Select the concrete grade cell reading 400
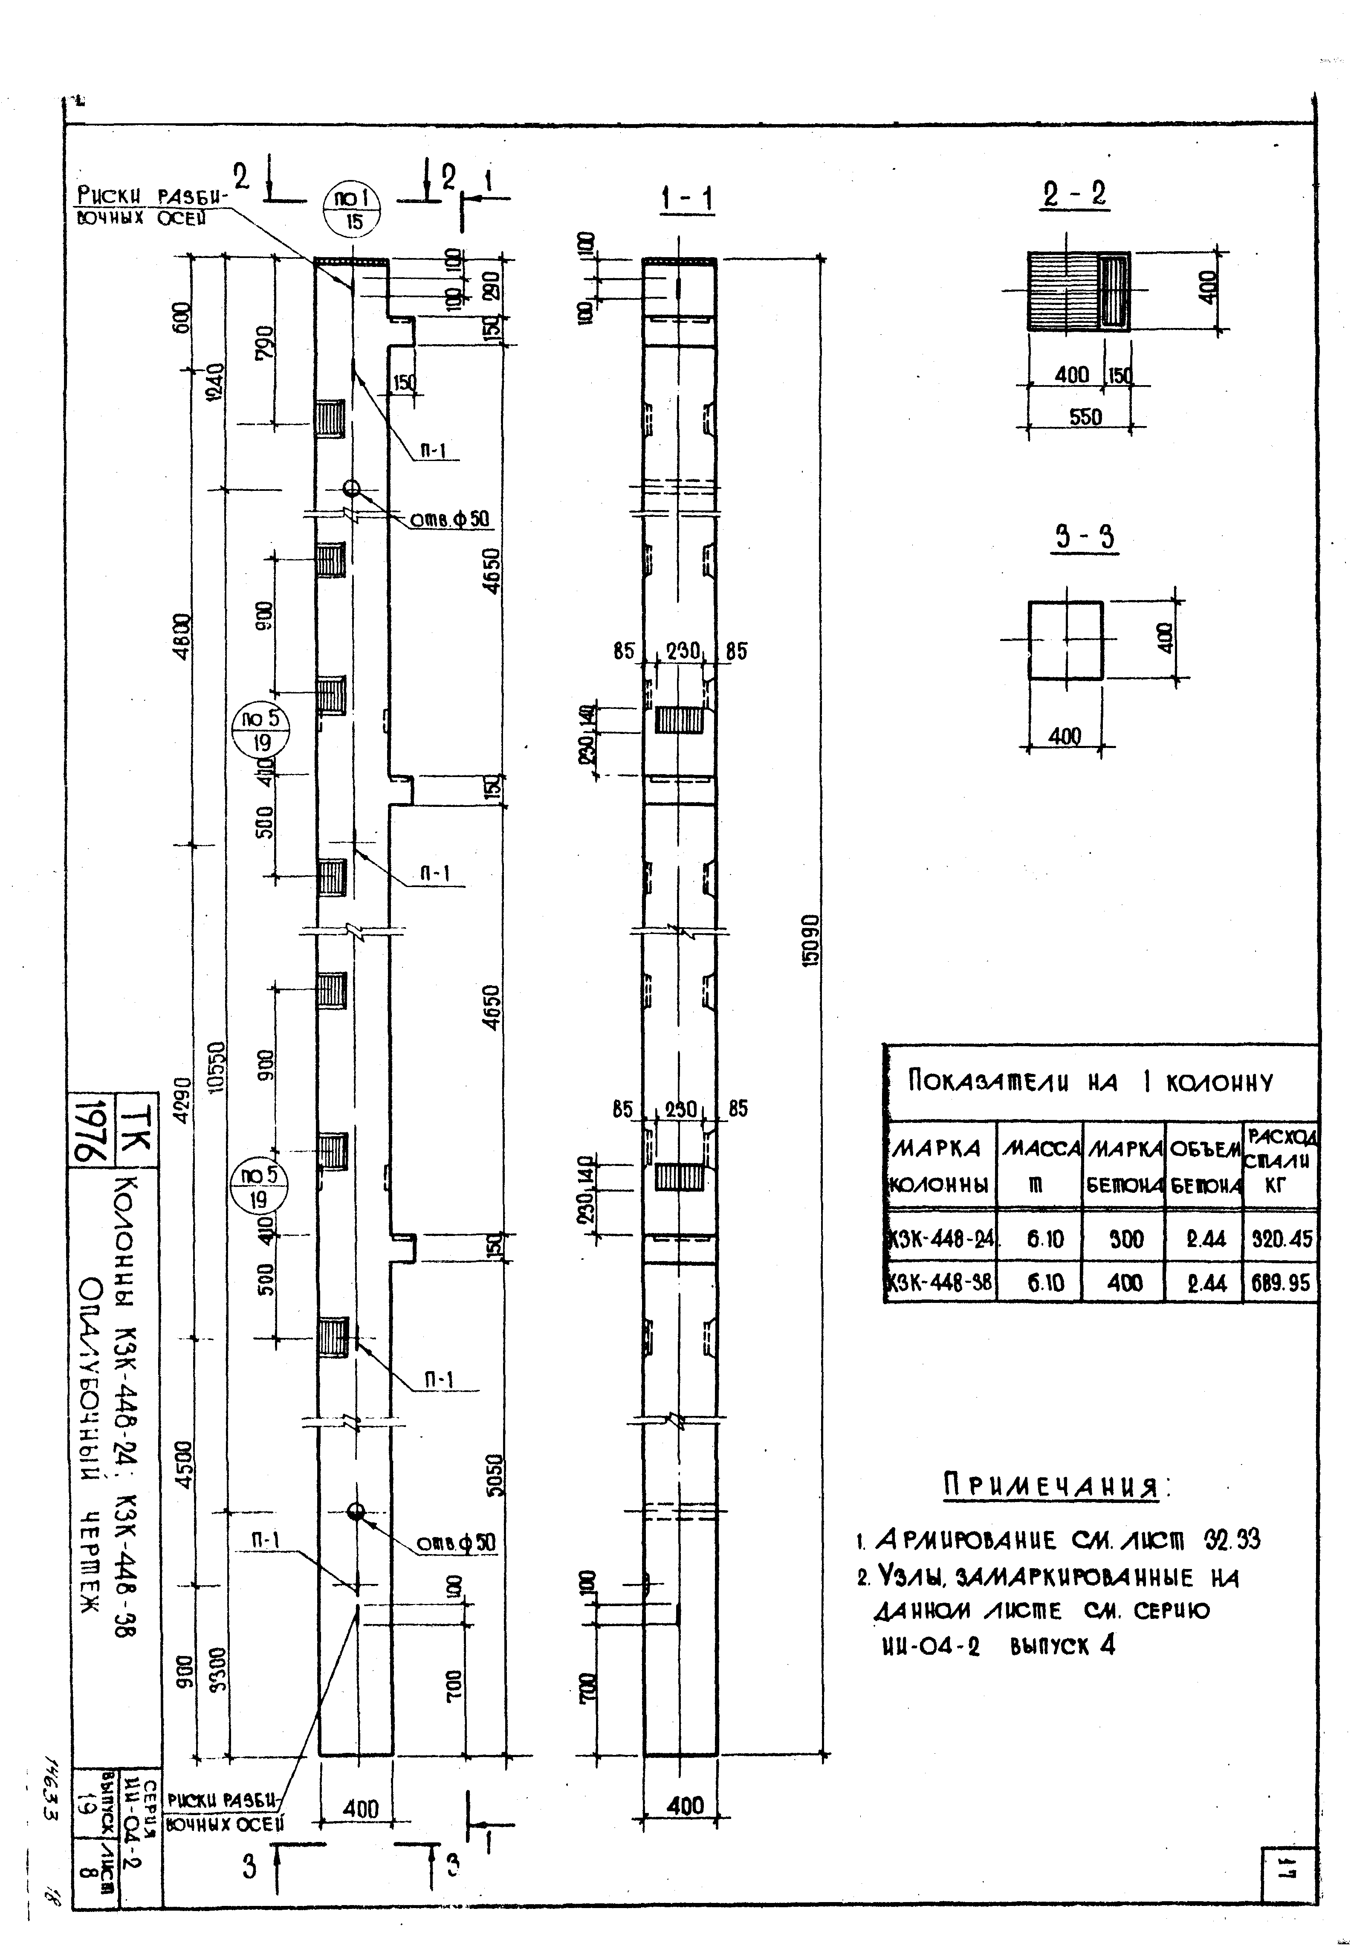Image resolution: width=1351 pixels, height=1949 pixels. (1124, 1284)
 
